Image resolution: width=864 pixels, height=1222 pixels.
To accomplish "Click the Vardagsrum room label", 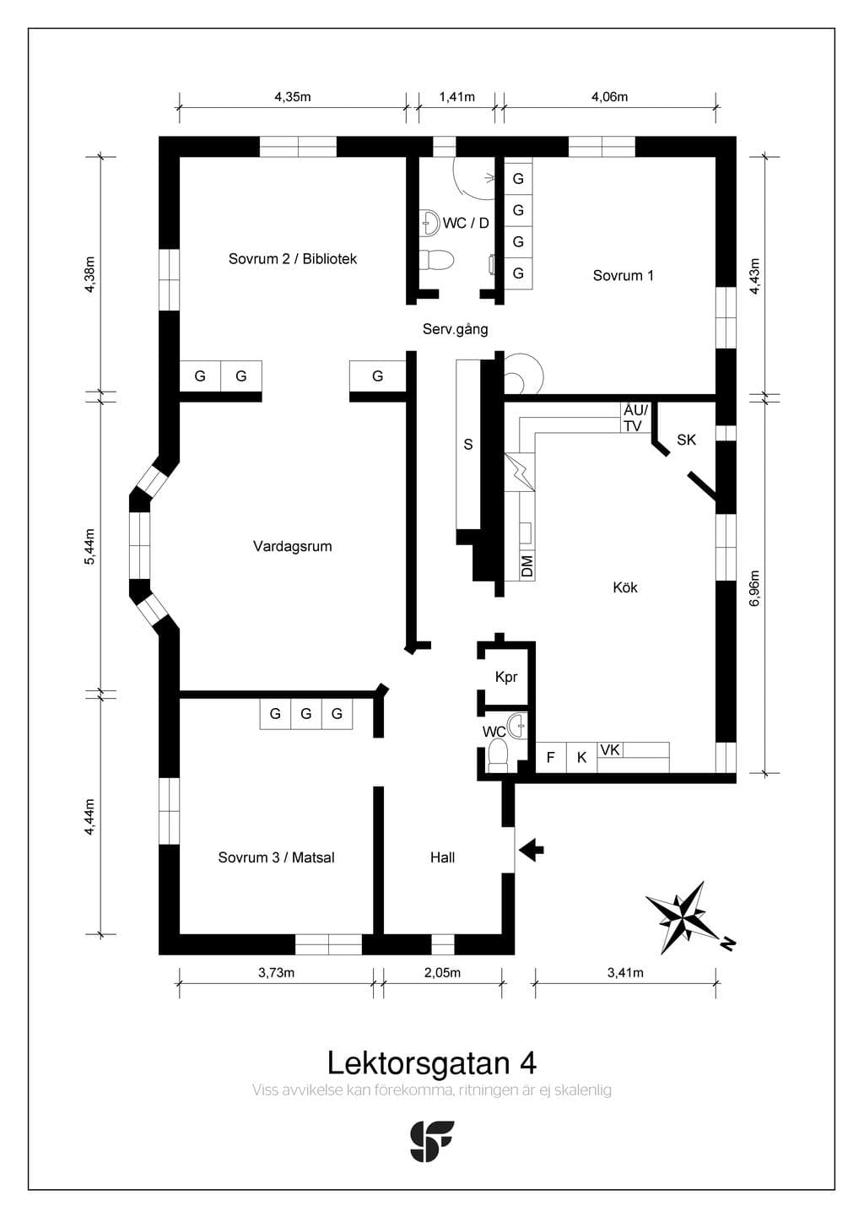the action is pos(293,546).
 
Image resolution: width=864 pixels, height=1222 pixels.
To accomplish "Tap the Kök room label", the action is pos(625,587).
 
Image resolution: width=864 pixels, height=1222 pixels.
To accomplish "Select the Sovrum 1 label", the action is pos(623,275).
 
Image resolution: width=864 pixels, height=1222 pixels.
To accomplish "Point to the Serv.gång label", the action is pos(455,329).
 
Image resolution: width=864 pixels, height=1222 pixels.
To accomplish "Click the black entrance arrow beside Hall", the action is pos(531,849).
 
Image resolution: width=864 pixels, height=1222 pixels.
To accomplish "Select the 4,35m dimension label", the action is pos(293,97).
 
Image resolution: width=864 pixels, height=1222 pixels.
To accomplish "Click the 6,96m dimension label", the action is pos(755,588).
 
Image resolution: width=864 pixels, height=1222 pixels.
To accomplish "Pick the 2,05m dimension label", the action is pos(442,973).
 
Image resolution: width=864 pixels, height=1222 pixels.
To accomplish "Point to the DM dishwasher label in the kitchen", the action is pos(526,566).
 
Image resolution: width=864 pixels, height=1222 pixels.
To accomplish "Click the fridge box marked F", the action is pos(551,757).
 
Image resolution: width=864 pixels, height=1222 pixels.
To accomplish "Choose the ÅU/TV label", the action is pos(635,418).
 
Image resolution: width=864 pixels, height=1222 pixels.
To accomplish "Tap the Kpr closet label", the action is pos(506,677).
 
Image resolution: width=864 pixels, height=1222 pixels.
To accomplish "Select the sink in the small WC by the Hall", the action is pos(516,726).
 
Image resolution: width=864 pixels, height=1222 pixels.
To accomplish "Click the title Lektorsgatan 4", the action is pos(432,1062).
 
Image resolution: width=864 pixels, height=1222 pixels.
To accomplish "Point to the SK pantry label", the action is pos(686,440).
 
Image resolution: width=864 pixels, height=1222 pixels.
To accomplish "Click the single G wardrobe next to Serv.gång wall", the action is pos(377,376).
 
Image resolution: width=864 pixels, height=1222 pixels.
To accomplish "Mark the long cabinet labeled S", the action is pos(468,444).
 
